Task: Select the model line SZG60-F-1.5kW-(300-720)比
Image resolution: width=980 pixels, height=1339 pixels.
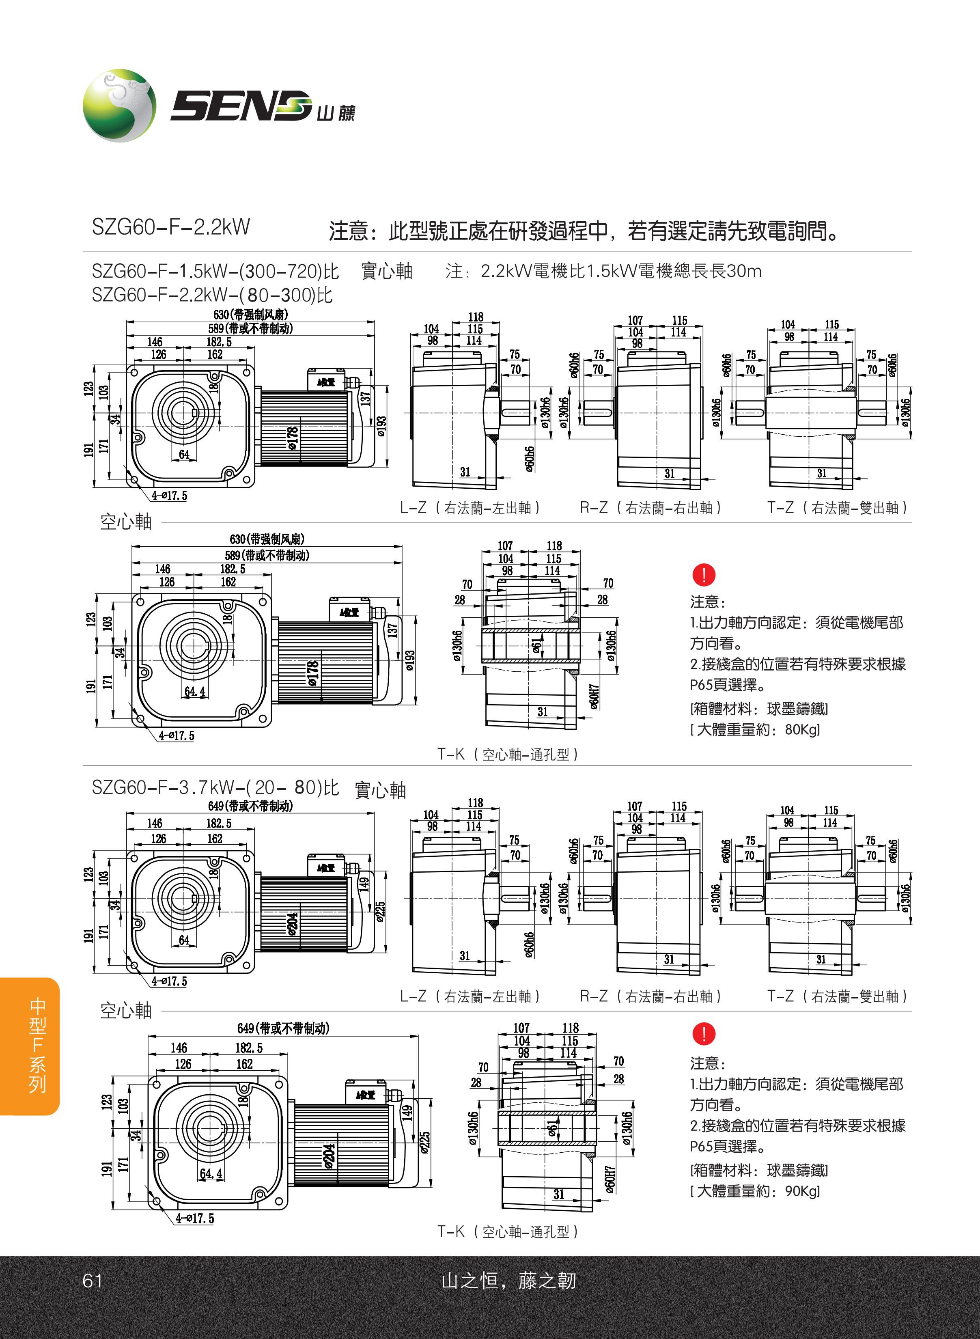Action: coord(215,271)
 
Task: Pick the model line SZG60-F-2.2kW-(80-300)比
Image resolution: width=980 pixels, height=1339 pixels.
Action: coord(212,295)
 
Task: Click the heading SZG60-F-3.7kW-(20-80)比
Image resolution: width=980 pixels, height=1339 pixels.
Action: coord(215,788)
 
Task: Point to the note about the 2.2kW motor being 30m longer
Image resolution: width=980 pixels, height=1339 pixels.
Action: coord(603,271)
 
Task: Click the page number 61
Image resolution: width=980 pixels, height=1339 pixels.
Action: coord(93,1281)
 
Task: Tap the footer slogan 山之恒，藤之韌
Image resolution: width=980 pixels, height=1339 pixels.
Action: coord(508,1281)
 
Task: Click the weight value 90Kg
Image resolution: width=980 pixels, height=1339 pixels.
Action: coord(801,1191)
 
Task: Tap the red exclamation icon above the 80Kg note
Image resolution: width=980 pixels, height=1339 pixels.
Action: coord(704,574)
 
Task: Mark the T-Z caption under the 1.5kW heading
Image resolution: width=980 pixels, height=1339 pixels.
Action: coord(837,508)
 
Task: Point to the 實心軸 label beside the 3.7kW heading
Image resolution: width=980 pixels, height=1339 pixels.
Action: coord(380,790)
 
